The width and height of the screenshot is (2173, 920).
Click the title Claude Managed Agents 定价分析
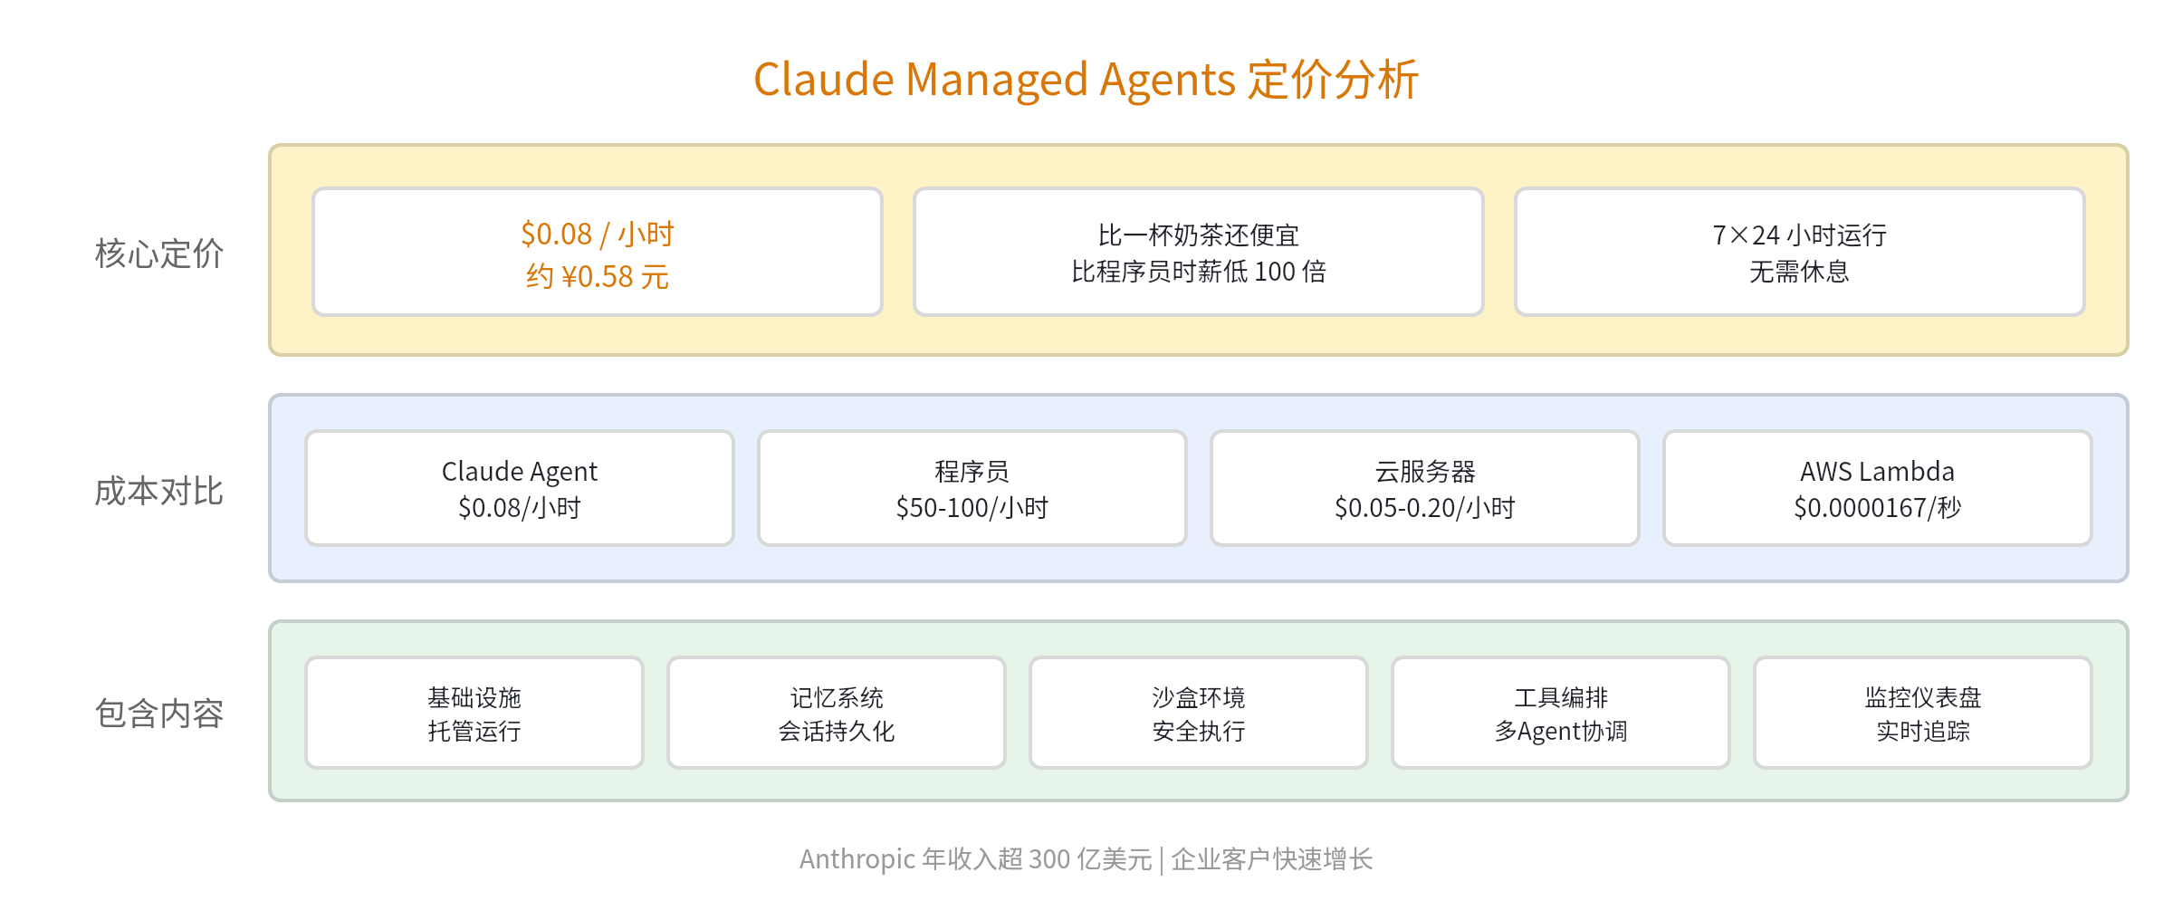[1086, 80]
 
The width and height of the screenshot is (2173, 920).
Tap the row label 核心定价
[159, 254]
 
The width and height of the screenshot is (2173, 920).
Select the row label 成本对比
[159, 491]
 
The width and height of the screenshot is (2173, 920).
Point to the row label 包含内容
[159, 714]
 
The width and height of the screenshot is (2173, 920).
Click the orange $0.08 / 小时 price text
[598, 235]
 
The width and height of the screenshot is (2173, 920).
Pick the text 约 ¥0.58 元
[598, 276]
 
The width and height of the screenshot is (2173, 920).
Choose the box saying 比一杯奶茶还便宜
[1198, 252]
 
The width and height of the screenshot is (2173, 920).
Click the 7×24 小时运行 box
[1799, 252]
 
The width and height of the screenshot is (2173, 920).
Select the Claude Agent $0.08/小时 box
[520, 488]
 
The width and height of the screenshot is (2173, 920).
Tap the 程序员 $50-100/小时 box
[972, 488]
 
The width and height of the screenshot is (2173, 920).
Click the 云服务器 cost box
[1424, 488]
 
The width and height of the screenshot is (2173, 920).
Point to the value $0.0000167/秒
[1877, 508]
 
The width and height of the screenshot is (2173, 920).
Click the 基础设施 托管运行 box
[474, 713]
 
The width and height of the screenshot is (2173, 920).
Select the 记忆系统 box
[837, 713]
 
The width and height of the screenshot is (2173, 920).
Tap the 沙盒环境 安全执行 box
[1198, 713]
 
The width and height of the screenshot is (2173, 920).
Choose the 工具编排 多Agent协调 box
[1560, 713]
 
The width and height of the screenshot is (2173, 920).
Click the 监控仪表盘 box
[1922, 713]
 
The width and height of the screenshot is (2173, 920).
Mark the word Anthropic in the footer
[857, 858]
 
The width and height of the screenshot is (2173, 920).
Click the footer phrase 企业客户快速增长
[1272, 858]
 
